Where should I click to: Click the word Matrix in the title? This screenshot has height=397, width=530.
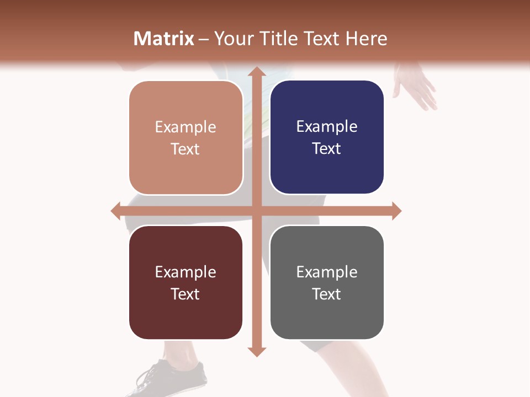(164, 39)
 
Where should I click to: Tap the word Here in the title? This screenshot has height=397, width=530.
(367, 39)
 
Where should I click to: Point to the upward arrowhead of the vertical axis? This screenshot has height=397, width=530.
(256, 72)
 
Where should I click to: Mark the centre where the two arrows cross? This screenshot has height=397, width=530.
(256, 211)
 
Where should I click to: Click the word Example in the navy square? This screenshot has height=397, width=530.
(327, 127)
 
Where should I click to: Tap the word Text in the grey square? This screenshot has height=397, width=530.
(327, 294)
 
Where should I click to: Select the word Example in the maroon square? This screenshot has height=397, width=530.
(185, 272)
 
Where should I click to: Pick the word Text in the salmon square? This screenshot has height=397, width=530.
(185, 149)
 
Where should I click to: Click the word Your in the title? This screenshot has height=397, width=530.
(231, 39)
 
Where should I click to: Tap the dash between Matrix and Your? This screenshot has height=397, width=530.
(204, 39)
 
